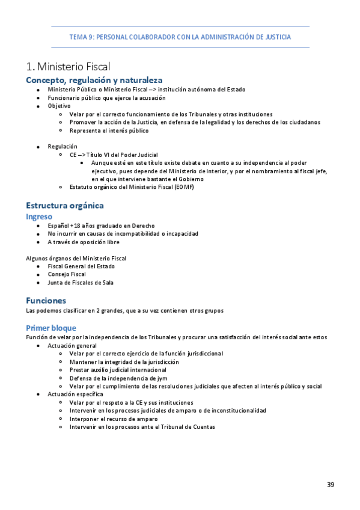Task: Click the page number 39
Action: tap(331, 485)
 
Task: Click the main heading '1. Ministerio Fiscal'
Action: tap(68, 66)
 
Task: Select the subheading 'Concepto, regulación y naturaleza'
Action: tap(94, 80)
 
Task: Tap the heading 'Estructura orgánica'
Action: tap(64, 205)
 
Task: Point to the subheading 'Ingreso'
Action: tap(39, 216)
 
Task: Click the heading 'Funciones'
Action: tap(46, 300)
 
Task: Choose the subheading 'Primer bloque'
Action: tap(51, 328)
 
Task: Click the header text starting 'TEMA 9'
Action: tap(180, 37)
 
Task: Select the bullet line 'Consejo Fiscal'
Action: tap(67, 274)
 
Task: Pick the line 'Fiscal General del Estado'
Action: tap(81, 266)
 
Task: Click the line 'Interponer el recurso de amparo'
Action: tap(114, 419)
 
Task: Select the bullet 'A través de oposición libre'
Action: tap(84, 242)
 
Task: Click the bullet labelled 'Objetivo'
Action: tap(59, 106)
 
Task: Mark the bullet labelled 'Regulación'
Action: tap(63, 146)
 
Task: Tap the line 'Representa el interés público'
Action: tap(109, 131)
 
